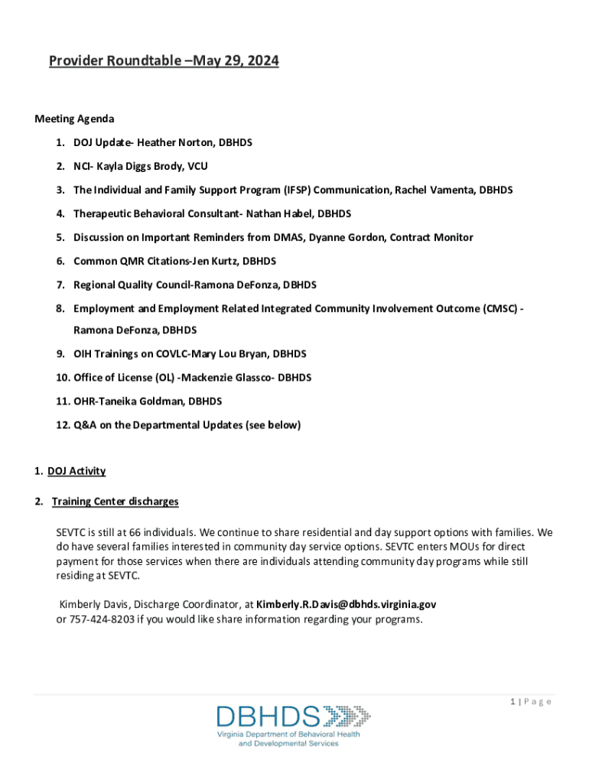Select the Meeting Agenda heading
point(74,119)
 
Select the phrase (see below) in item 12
point(273,425)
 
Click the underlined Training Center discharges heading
point(116,502)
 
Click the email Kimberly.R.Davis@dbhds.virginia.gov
point(347,604)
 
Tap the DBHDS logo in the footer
point(293,724)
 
